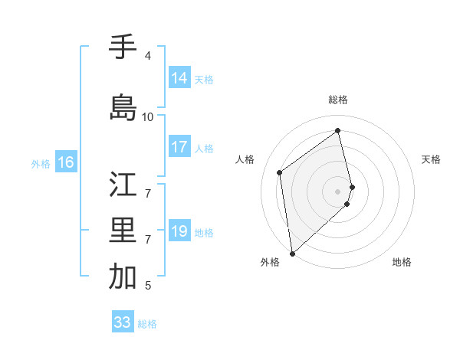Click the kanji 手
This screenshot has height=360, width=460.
pyautogui.click(x=123, y=47)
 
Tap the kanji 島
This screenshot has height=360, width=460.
pyautogui.click(x=123, y=107)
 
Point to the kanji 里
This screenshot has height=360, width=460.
pyautogui.click(x=123, y=231)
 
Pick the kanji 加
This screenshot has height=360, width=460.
pyautogui.click(x=123, y=277)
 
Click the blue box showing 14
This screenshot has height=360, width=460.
pyautogui.click(x=179, y=78)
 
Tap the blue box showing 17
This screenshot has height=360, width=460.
pyautogui.click(x=179, y=147)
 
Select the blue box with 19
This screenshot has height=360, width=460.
pyautogui.click(x=179, y=231)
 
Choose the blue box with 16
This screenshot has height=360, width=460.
pyautogui.click(x=65, y=162)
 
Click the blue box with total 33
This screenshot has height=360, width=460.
pyautogui.click(x=122, y=322)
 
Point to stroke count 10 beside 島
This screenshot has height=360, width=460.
pyautogui.click(x=148, y=117)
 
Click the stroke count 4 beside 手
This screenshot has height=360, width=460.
pyautogui.click(x=148, y=56)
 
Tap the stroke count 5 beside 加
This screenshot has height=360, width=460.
pyautogui.click(x=148, y=286)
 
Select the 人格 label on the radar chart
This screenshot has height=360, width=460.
pyautogui.click(x=245, y=159)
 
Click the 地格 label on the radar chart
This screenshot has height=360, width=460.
pyautogui.click(x=402, y=262)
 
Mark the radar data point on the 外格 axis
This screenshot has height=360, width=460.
pyautogui.click(x=291, y=253)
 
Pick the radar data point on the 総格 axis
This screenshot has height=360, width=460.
pyautogui.click(x=338, y=131)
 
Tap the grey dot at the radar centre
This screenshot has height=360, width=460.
pyautogui.click(x=338, y=191)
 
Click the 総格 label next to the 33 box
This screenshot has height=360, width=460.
pyautogui.click(x=147, y=324)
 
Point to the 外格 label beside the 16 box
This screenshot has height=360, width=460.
pyautogui.click(x=40, y=163)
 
